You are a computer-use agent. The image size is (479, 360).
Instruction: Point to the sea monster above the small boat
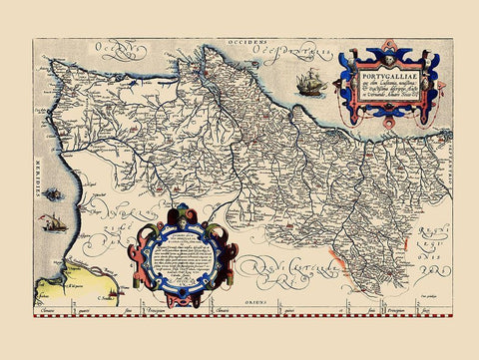click(x=51, y=192)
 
